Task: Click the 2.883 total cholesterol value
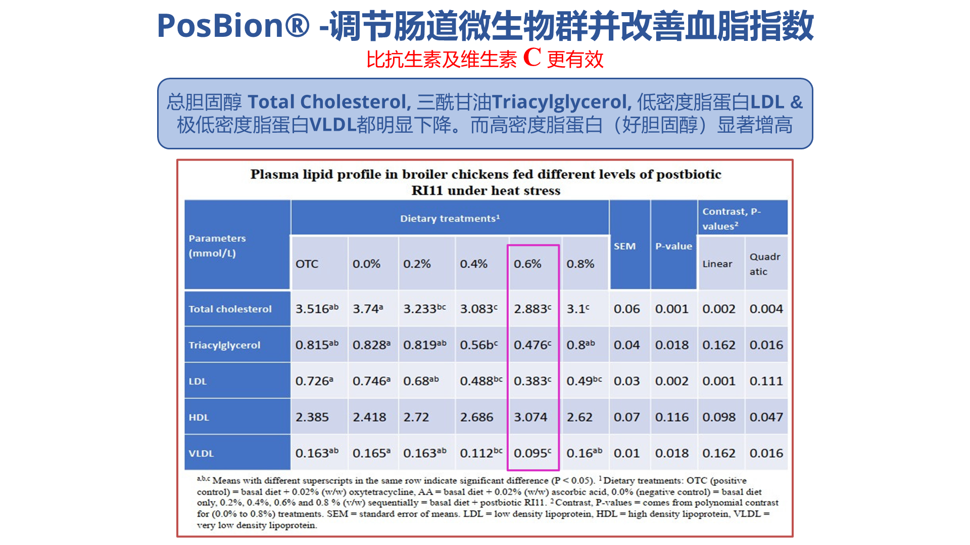tap(532, 309)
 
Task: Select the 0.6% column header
tap(527, 264)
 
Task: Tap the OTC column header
tap(307, 264)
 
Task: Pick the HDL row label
tap(199, 417)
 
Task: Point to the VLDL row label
tap(201, 453)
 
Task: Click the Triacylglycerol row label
tap(224, 345)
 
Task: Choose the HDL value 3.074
tap(530, 417)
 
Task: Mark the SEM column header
tap(624, 246)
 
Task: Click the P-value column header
tap(673, 246)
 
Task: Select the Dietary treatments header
tap(450, 219)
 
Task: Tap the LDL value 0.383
tap(532, 381)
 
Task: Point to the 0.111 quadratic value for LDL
tap(766, 381)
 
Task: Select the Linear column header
tap(717, 264)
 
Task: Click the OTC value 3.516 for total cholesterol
tap(316, 309)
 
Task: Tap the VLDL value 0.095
tap(532, 453)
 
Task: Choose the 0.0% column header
tap(366, 264)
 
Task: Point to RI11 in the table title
tap(427, 191)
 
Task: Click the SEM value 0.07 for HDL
tap(626, 417)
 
